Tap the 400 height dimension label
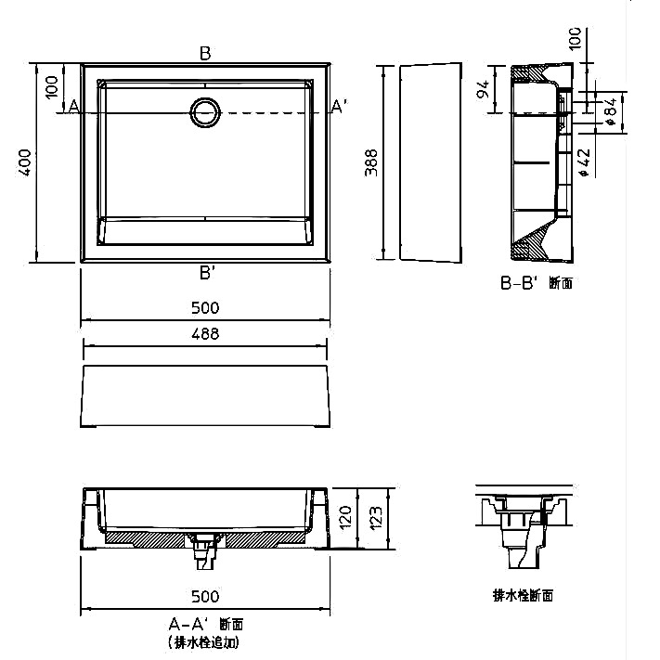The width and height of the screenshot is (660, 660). tap(24, 162)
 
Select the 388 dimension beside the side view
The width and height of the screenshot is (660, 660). tap(371, 162)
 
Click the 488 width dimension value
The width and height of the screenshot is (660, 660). tap(205, 334)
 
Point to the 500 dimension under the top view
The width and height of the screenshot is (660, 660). tap(205, 308)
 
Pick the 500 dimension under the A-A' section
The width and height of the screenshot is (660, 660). tap(205, 597)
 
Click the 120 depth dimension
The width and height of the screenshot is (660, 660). tap(344, 517)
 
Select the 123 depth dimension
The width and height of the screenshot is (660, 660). tap(376, 517)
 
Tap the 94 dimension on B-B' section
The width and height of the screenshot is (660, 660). tap(484, 89)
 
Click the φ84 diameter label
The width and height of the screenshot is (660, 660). tap(611, 112)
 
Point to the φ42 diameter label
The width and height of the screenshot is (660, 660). tap(584, 162)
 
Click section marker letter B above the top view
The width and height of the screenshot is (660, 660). tap(205, 54)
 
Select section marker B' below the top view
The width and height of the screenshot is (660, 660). tap(207, 273)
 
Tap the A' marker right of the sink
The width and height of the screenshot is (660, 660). tap(340, 106)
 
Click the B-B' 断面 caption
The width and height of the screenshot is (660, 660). tap(537, 283)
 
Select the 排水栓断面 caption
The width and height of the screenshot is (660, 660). tap(523, 595)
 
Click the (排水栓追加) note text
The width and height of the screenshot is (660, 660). tap(204, 642)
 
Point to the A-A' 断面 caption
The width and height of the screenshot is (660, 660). tap(206, 624)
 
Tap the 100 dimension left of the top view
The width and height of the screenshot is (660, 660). tap(51, 87)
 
